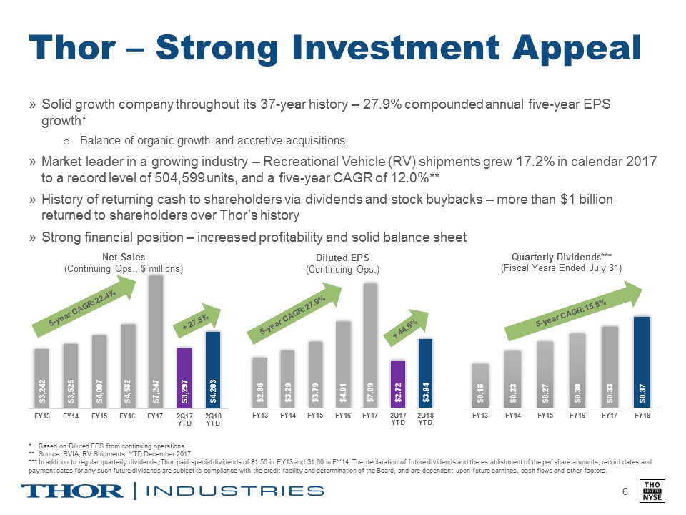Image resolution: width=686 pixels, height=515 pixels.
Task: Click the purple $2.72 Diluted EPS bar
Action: pyautogui.click(x=398, y=382)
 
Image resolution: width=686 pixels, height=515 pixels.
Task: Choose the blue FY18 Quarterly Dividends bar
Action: pyautogui.click(x=642, y=360)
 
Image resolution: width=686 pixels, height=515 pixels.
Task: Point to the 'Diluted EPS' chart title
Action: pyautogui.click(x=342, y=257)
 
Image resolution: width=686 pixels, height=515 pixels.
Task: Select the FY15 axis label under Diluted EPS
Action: pyautogui.click(x=314, y=415)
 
